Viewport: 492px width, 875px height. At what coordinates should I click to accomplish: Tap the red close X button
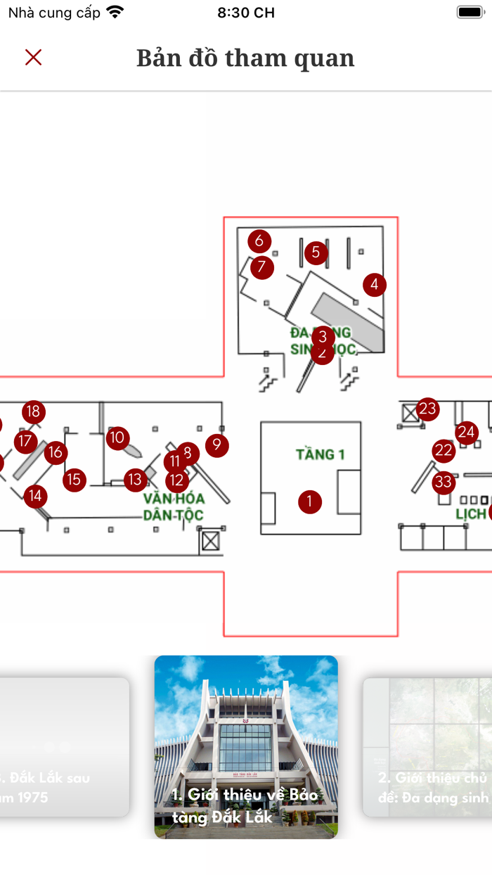33,58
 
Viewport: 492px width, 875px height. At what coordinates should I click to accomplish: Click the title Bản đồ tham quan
245,58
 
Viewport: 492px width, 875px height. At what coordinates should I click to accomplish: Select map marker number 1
309,502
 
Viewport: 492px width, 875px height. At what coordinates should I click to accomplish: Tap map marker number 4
375,285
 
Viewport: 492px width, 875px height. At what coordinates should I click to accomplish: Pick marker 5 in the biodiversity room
316,253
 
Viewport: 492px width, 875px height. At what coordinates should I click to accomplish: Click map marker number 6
259,241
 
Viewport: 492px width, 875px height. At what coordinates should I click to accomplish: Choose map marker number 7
262,267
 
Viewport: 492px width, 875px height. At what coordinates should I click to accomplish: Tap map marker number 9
217,445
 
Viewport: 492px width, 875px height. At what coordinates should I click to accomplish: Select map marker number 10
118,438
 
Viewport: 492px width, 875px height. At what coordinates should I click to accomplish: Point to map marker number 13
135,480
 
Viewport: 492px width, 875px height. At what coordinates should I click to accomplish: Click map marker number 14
35,497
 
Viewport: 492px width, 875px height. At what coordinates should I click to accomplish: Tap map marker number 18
33,411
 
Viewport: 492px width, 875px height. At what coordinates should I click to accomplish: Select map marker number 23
427,409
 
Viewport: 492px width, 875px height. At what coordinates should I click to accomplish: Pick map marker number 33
443,483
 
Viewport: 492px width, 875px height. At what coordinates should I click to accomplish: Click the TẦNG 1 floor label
321,454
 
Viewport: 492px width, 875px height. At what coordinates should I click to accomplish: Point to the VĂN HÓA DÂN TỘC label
173,506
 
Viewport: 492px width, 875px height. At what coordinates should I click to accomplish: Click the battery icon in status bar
469,13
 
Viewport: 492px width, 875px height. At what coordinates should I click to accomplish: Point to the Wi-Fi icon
115,13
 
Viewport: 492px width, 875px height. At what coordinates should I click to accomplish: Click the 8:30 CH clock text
246,13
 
